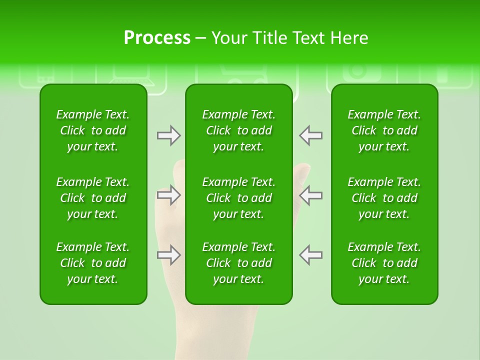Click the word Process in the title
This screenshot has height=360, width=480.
click(x=157, y=38)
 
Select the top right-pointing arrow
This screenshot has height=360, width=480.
click(x=168, y=135)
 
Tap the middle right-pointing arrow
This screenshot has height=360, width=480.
click(x=168, y=195)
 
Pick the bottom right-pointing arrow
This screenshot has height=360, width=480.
click(x=168, y=255)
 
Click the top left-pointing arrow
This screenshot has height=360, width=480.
click(x=311, y=135)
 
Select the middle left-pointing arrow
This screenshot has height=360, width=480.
click(x=311, y=195)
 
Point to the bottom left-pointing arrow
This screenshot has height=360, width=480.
click(x=311, y=255)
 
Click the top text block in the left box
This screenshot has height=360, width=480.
click(x=93, y=130)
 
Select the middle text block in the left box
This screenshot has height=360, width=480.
click(x=93, y=198)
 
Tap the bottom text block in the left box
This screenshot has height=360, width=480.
click(x=93, y=263)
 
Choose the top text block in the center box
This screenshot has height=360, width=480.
click(x=238, y=130)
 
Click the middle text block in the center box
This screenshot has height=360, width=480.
click(x=238, y=198)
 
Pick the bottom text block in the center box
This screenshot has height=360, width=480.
click(x=238, y=263)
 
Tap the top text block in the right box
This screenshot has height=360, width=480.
click(x=384, y=130)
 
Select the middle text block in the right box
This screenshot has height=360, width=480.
click(x=384, y=198)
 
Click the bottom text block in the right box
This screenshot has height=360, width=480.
click(x=384, y=263)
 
